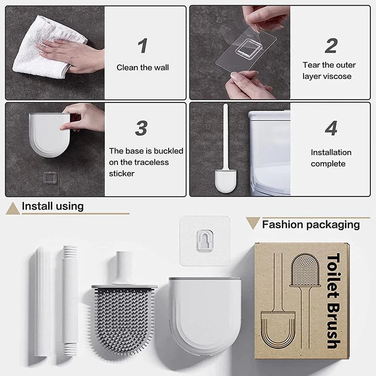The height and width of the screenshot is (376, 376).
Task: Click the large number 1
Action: pyautogui.click(x=142, y=46)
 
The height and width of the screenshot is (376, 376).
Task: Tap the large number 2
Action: pyautogui.click(x=331, y=46)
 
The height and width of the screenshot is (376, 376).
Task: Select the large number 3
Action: pyautogui.click(x=141, y=128)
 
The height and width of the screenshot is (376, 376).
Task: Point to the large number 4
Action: pyautogui.click(x=331, y=128)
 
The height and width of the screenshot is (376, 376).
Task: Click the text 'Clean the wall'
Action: pyautogui.click(x=142, y=68)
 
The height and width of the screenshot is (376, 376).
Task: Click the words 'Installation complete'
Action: pyautogui.click(x=331, y=158)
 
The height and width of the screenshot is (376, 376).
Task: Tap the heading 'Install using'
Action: pyautogui.click(x=53, y=206)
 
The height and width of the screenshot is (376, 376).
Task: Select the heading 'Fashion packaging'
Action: pyautogui.click(x=311, y=225)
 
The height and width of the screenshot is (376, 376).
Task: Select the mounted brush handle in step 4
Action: pyautogui.click(x=226, y=136)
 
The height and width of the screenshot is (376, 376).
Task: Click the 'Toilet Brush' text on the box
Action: pyautogui.click(x=333, y=301)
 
